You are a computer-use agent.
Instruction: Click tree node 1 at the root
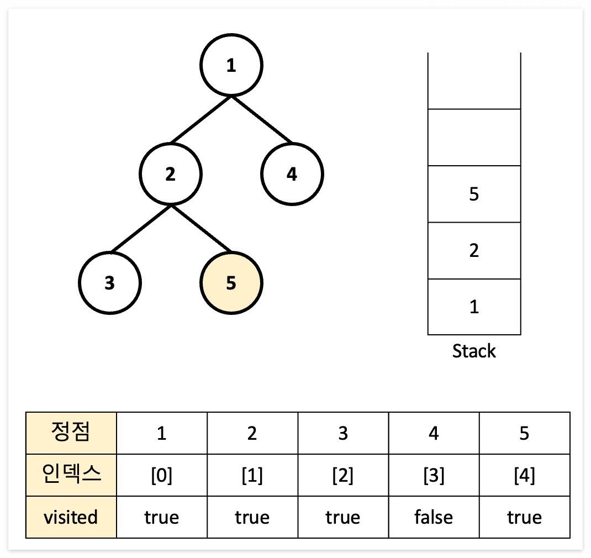231,66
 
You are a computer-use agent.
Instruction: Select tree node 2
171,175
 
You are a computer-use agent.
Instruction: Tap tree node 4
292,175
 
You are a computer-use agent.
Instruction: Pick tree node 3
110,283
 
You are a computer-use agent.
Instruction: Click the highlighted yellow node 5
231,283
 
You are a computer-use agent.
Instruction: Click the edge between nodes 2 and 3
140,229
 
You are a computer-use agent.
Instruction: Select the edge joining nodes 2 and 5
201,229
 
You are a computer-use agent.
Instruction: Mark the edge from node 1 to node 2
201,120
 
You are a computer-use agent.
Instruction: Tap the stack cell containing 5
474,194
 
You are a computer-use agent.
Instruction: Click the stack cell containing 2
474,251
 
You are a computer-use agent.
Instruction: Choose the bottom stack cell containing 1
474,307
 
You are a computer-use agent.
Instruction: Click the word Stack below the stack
474,351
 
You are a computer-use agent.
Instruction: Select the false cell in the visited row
434,517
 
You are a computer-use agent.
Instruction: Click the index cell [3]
434,475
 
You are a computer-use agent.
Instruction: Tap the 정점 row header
71,433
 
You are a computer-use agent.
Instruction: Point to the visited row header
71,517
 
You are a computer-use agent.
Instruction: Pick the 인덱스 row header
71,475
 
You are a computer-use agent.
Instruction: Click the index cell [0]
162,475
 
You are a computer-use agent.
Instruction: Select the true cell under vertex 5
524,517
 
